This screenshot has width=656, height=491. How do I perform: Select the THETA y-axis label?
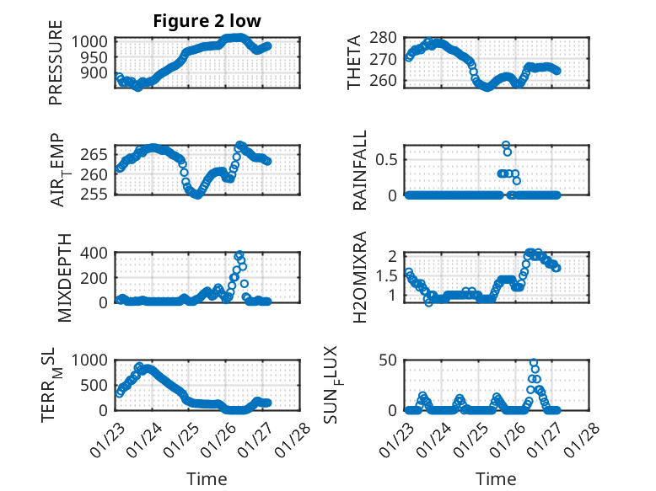pos(354,62)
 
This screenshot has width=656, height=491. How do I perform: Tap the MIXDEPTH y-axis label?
pos(65,277)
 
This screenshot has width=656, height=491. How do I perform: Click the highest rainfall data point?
pos(506,145)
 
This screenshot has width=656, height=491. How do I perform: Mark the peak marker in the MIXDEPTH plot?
pos(239,254)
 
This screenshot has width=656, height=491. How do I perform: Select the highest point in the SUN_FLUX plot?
pos(534,363)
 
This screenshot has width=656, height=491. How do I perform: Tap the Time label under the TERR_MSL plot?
pos(207,478)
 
